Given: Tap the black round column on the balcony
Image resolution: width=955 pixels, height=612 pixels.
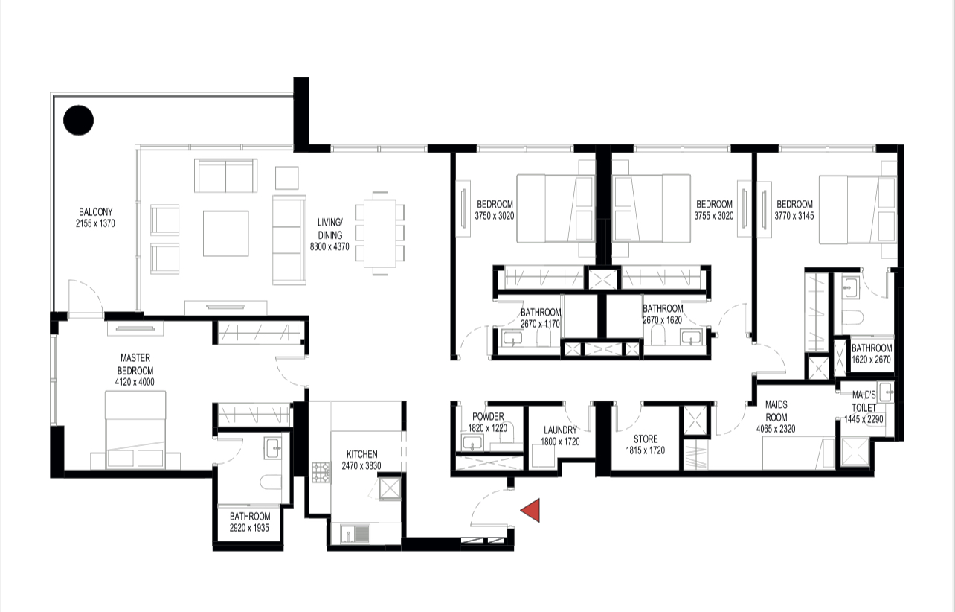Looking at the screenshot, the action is click(x=78, y=121).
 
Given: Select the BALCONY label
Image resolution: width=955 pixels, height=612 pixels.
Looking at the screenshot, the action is click(x=95, y=212).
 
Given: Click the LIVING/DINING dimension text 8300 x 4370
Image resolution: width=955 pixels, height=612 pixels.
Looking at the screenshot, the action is click(x=329, y=246).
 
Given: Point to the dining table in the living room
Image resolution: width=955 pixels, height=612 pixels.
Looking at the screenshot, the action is click(x=380, y=233).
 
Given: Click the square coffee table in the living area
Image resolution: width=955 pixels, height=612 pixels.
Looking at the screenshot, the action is click(x=225, y=234).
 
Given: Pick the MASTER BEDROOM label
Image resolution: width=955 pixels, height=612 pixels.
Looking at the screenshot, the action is click(x=135, y=364).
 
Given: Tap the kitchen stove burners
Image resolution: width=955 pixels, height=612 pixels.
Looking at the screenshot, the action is click(x=321, y=473).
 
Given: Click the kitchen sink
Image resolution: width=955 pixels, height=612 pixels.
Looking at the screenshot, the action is click(x=355, y=534).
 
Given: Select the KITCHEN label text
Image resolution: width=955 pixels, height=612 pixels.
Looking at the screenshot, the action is click(x=362, y=454).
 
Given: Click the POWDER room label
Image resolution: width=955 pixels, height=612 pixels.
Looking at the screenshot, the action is click(x=488, y=416).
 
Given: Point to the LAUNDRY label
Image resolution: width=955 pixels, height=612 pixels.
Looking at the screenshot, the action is click(x=560, y=430).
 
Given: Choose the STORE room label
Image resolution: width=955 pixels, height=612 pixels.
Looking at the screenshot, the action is click(x=646, y=439).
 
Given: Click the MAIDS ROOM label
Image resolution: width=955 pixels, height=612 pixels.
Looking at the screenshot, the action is click(x=776, y=410).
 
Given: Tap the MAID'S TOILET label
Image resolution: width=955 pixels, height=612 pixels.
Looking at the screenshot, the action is click(x=864, y=401).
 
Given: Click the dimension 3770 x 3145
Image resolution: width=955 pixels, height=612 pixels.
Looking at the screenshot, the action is click(x=794, y=215).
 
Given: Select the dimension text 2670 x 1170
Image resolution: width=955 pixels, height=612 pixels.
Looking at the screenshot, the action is click(x=540, y=324).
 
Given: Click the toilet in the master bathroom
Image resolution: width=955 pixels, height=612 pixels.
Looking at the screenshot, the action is click(x=270, y=482).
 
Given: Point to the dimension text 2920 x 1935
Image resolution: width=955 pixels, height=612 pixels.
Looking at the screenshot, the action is click(x=249, y=528).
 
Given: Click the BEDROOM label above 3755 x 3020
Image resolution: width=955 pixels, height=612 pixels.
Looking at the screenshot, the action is click(x=714, y=204).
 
